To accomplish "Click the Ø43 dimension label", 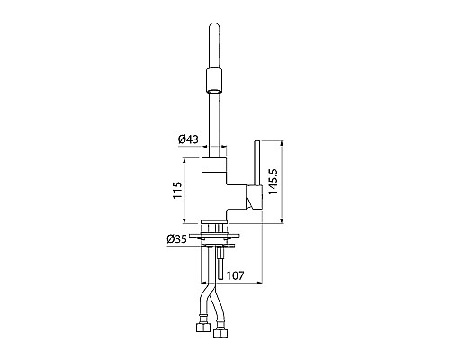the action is (x=188, y=139).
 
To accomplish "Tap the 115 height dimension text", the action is (x=177, y=190).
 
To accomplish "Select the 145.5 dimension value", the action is (x=274, y=182).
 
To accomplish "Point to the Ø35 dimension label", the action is (x=176, y=239).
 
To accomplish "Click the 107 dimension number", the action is (x=235, y=275).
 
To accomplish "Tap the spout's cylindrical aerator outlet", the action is (x=214, y=81).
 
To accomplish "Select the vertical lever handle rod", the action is (x=257, y=163).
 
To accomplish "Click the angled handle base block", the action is (x=255, y=197).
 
